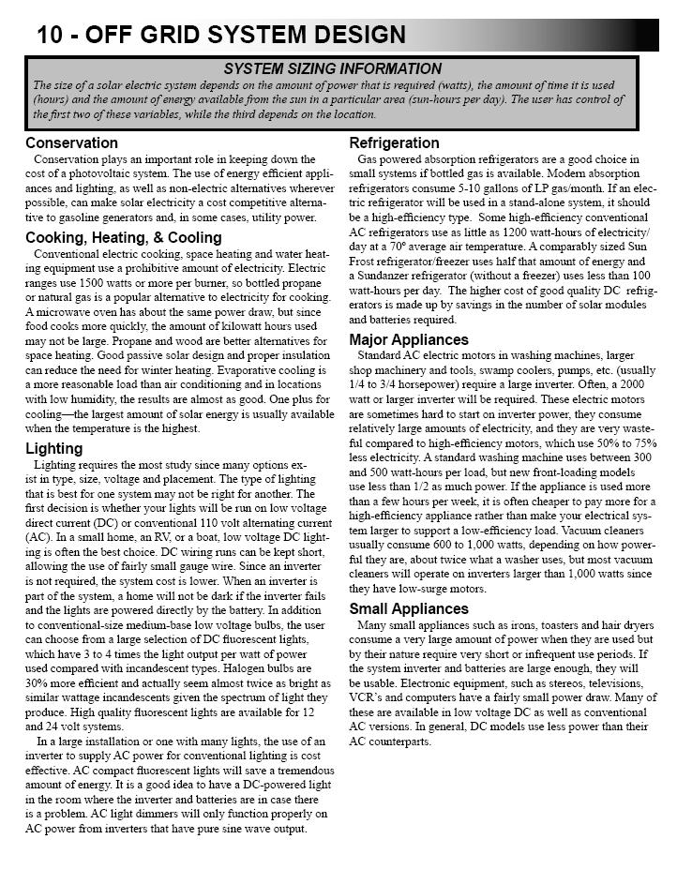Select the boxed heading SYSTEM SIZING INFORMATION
pos(333,69)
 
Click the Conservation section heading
pos(71,143)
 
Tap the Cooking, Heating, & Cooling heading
pos(123,238)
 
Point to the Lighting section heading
pos(53,449)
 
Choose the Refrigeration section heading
pos(394,143)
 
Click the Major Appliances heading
pos(408,340)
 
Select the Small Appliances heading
pos(408,609)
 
